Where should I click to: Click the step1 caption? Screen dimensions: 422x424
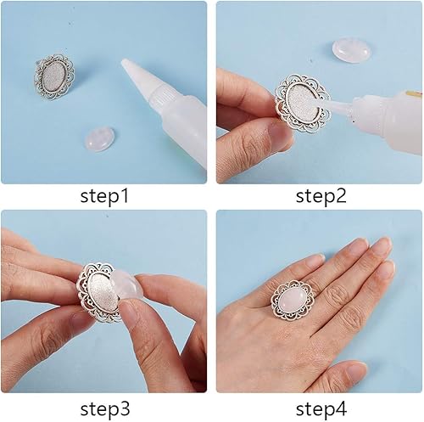(104, 196)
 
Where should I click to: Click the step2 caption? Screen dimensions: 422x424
(321, 196)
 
